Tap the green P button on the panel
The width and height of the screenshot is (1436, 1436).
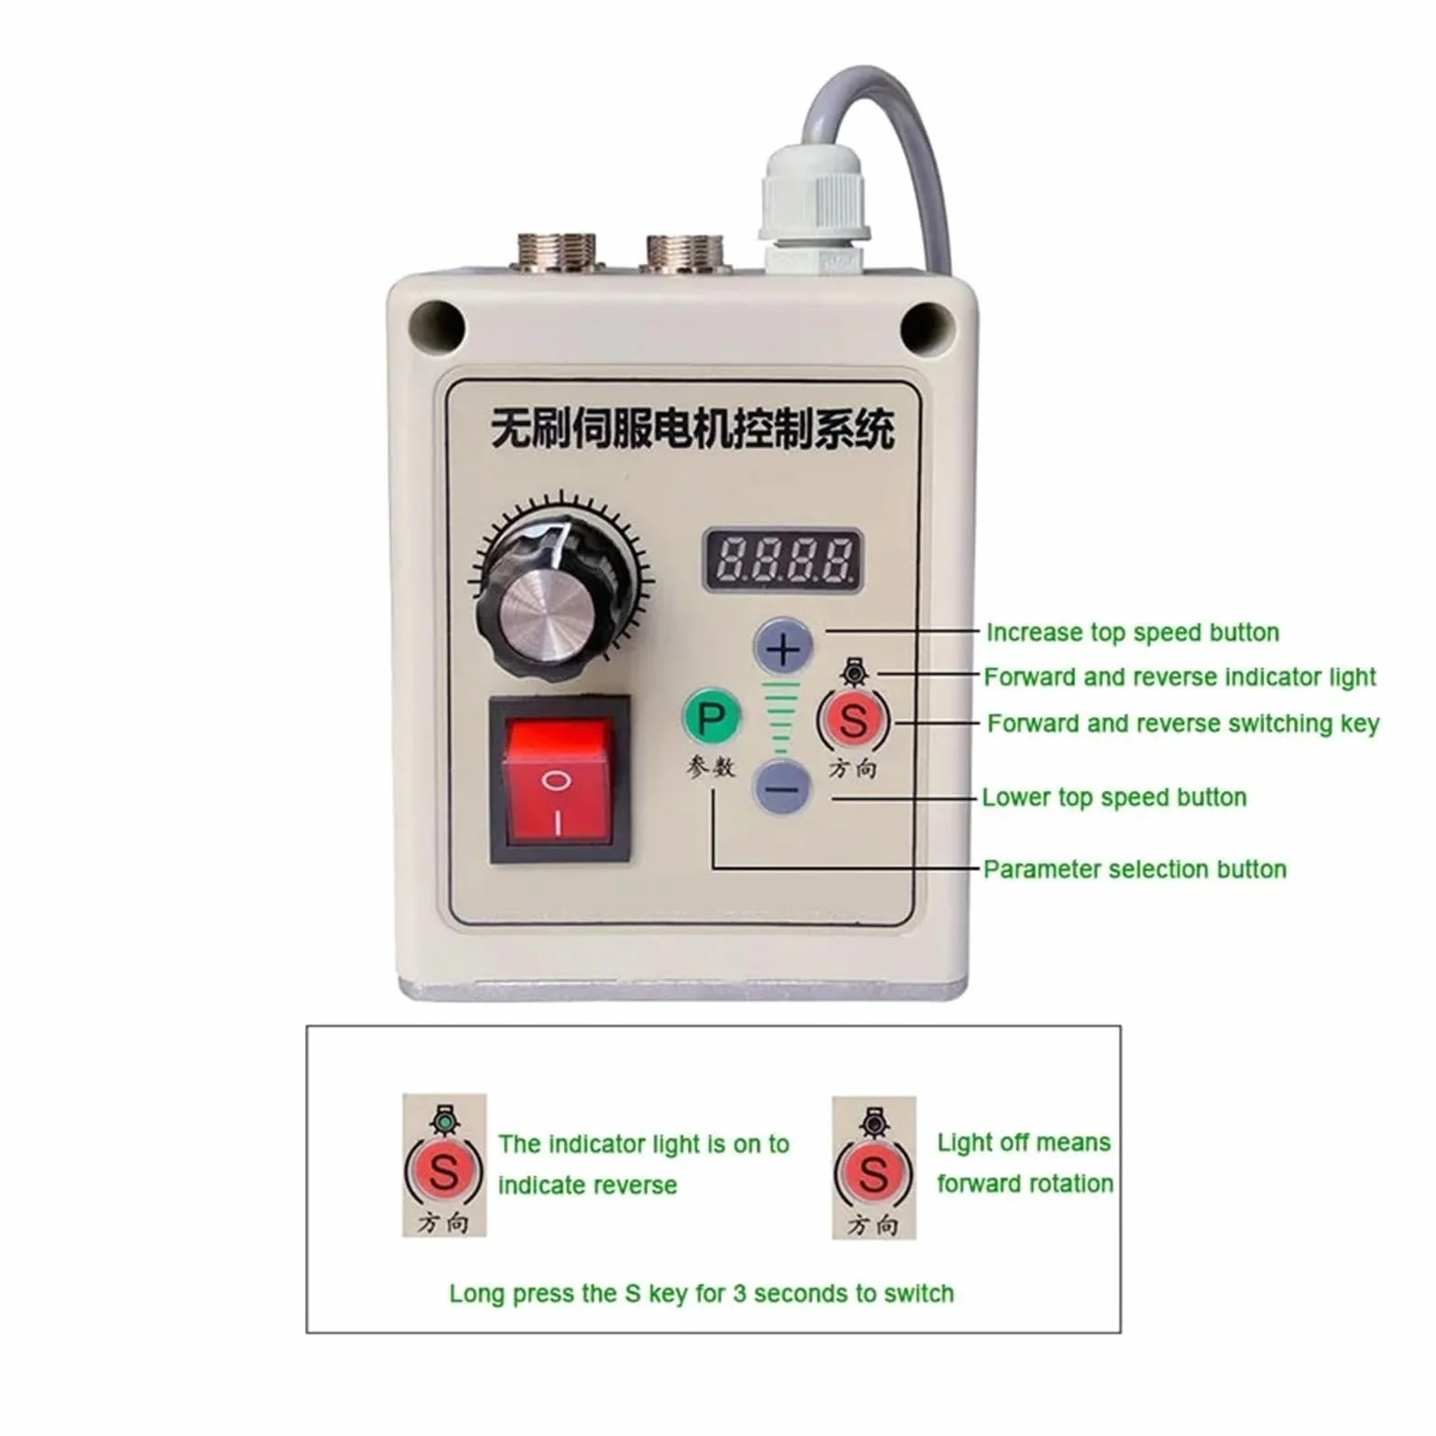(x=712, y=717)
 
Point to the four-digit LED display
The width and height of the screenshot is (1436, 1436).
(x=783, y=560)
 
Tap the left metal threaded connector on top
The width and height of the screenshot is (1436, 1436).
(x=557, y=252)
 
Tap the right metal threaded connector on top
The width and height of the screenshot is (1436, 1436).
(x=685, y=253)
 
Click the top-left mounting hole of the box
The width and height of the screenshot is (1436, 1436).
(x=436, y=325)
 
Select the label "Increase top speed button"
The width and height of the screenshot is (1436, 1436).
(x=1133, y=633)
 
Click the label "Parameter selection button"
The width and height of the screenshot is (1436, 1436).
(x=1135, y=869)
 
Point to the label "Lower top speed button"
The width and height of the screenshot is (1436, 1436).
(x=1114, y=798)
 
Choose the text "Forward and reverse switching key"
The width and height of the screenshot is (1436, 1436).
(x=1183, y=723)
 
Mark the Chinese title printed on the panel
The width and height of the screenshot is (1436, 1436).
(x=692, y=428)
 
